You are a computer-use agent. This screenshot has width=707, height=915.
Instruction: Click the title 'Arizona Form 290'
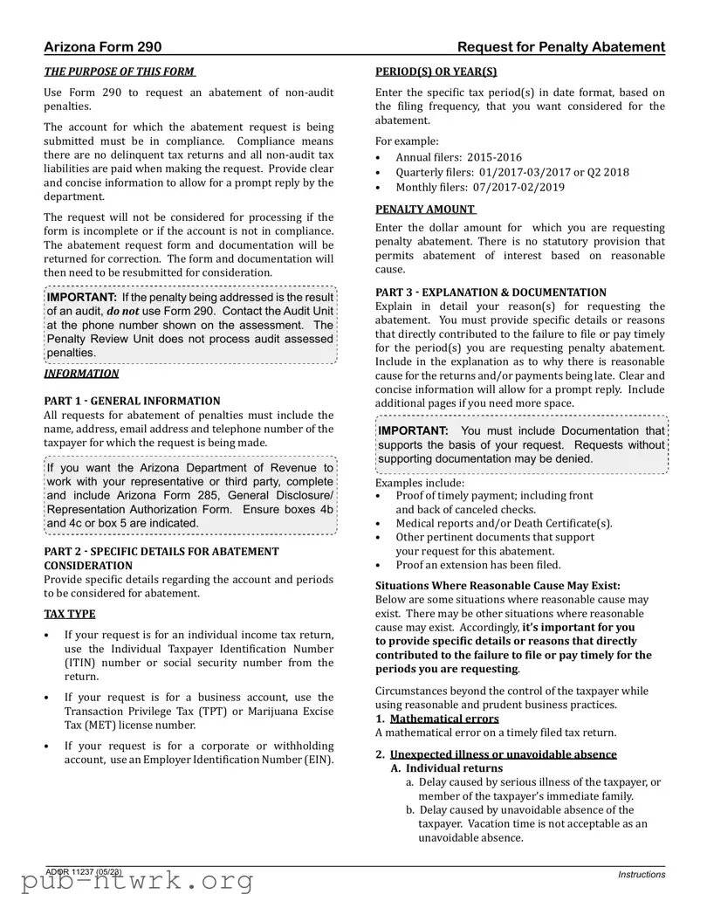(x=102, y=47)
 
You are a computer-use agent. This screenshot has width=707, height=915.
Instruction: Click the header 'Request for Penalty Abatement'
(x=560, y=47)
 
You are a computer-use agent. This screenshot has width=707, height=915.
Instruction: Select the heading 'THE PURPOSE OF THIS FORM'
(x=120, y=72)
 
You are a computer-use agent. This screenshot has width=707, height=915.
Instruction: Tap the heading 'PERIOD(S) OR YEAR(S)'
(x=436, y=72)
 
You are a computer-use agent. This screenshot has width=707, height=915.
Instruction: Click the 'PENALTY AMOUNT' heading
(x=426, y=210)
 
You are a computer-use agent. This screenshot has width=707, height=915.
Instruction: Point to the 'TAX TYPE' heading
(x=70, y=614)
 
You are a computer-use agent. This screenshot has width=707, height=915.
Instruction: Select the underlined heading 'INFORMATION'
(x=81, y=374)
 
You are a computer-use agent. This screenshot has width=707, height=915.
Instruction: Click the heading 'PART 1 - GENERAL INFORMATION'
(x=132, y=401)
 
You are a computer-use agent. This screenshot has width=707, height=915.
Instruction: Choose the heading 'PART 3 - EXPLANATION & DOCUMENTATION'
(x=491, y=292)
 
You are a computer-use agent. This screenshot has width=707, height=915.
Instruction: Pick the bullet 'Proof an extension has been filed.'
(x=478, y=565)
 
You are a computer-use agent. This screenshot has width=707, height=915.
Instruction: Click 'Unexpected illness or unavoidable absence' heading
(x=503, y=754)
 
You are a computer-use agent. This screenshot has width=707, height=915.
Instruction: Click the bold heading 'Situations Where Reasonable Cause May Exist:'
(x=498, y=586)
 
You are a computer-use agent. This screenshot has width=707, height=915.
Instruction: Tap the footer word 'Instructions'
(x=641, y=874)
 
